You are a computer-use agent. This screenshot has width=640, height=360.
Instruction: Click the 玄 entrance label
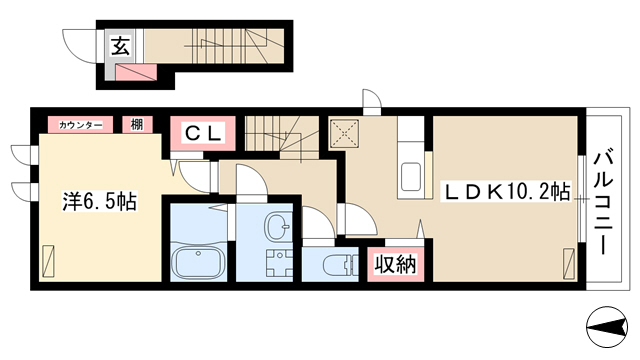(120, 45)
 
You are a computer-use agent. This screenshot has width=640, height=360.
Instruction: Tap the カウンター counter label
(80, 125)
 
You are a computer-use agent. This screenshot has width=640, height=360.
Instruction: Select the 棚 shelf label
(137, 124)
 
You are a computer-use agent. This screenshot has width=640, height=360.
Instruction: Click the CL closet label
(203, 133)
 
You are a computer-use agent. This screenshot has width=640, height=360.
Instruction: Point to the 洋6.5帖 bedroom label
(100, 201)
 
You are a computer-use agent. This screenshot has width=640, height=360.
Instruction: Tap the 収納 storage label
(396, 264)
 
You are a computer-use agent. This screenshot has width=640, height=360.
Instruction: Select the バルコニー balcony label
(603, 203)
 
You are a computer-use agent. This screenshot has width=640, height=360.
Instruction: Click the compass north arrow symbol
(607, 327)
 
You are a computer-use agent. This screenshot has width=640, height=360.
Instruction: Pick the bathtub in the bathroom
(199, 262)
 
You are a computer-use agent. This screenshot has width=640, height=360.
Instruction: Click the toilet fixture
(340, 264)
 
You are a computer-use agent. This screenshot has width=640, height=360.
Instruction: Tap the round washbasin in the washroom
(277, 227)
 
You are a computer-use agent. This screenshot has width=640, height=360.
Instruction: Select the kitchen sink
(411, 176)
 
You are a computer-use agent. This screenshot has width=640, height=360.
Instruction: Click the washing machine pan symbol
(280, 263)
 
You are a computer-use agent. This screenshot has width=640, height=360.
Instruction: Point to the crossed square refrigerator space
(344, 133)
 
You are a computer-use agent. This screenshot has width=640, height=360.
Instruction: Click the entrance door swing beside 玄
(80, 46)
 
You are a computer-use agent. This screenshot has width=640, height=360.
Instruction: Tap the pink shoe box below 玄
(136, 73)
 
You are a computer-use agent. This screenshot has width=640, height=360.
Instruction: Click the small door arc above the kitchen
(371, 99)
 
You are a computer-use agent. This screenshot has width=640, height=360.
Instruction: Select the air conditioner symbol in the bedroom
(48, 262)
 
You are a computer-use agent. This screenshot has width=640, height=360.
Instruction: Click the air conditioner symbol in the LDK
(569, 264)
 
